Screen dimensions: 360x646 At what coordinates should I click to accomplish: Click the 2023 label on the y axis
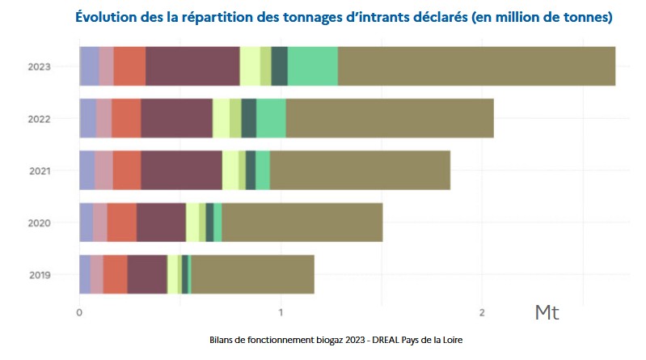pos(39,66)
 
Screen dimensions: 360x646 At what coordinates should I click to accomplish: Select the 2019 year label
pos(39,275)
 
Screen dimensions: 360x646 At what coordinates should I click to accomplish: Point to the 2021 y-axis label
pos(39,171)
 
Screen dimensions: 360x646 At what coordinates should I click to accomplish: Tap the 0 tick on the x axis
pos(79,312)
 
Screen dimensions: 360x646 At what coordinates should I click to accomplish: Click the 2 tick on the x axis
pos(482,312)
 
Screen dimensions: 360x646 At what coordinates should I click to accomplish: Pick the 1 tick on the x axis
pos(281,312)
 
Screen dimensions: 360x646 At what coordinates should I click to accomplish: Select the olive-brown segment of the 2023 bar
pos(476,66)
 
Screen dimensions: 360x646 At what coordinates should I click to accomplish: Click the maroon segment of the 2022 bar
pos(176,118)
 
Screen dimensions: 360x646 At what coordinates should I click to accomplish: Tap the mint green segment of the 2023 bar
pos(312,66)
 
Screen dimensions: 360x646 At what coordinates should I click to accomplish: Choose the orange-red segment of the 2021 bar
pos(127,171)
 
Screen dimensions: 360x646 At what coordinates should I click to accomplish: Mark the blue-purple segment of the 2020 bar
pos(86,222)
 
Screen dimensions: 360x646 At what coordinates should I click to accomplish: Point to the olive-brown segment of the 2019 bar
pos(252,275)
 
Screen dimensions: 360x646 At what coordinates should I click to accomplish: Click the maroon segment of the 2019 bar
pos(147,275)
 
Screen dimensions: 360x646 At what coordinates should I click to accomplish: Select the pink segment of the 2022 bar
pos(103,118)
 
